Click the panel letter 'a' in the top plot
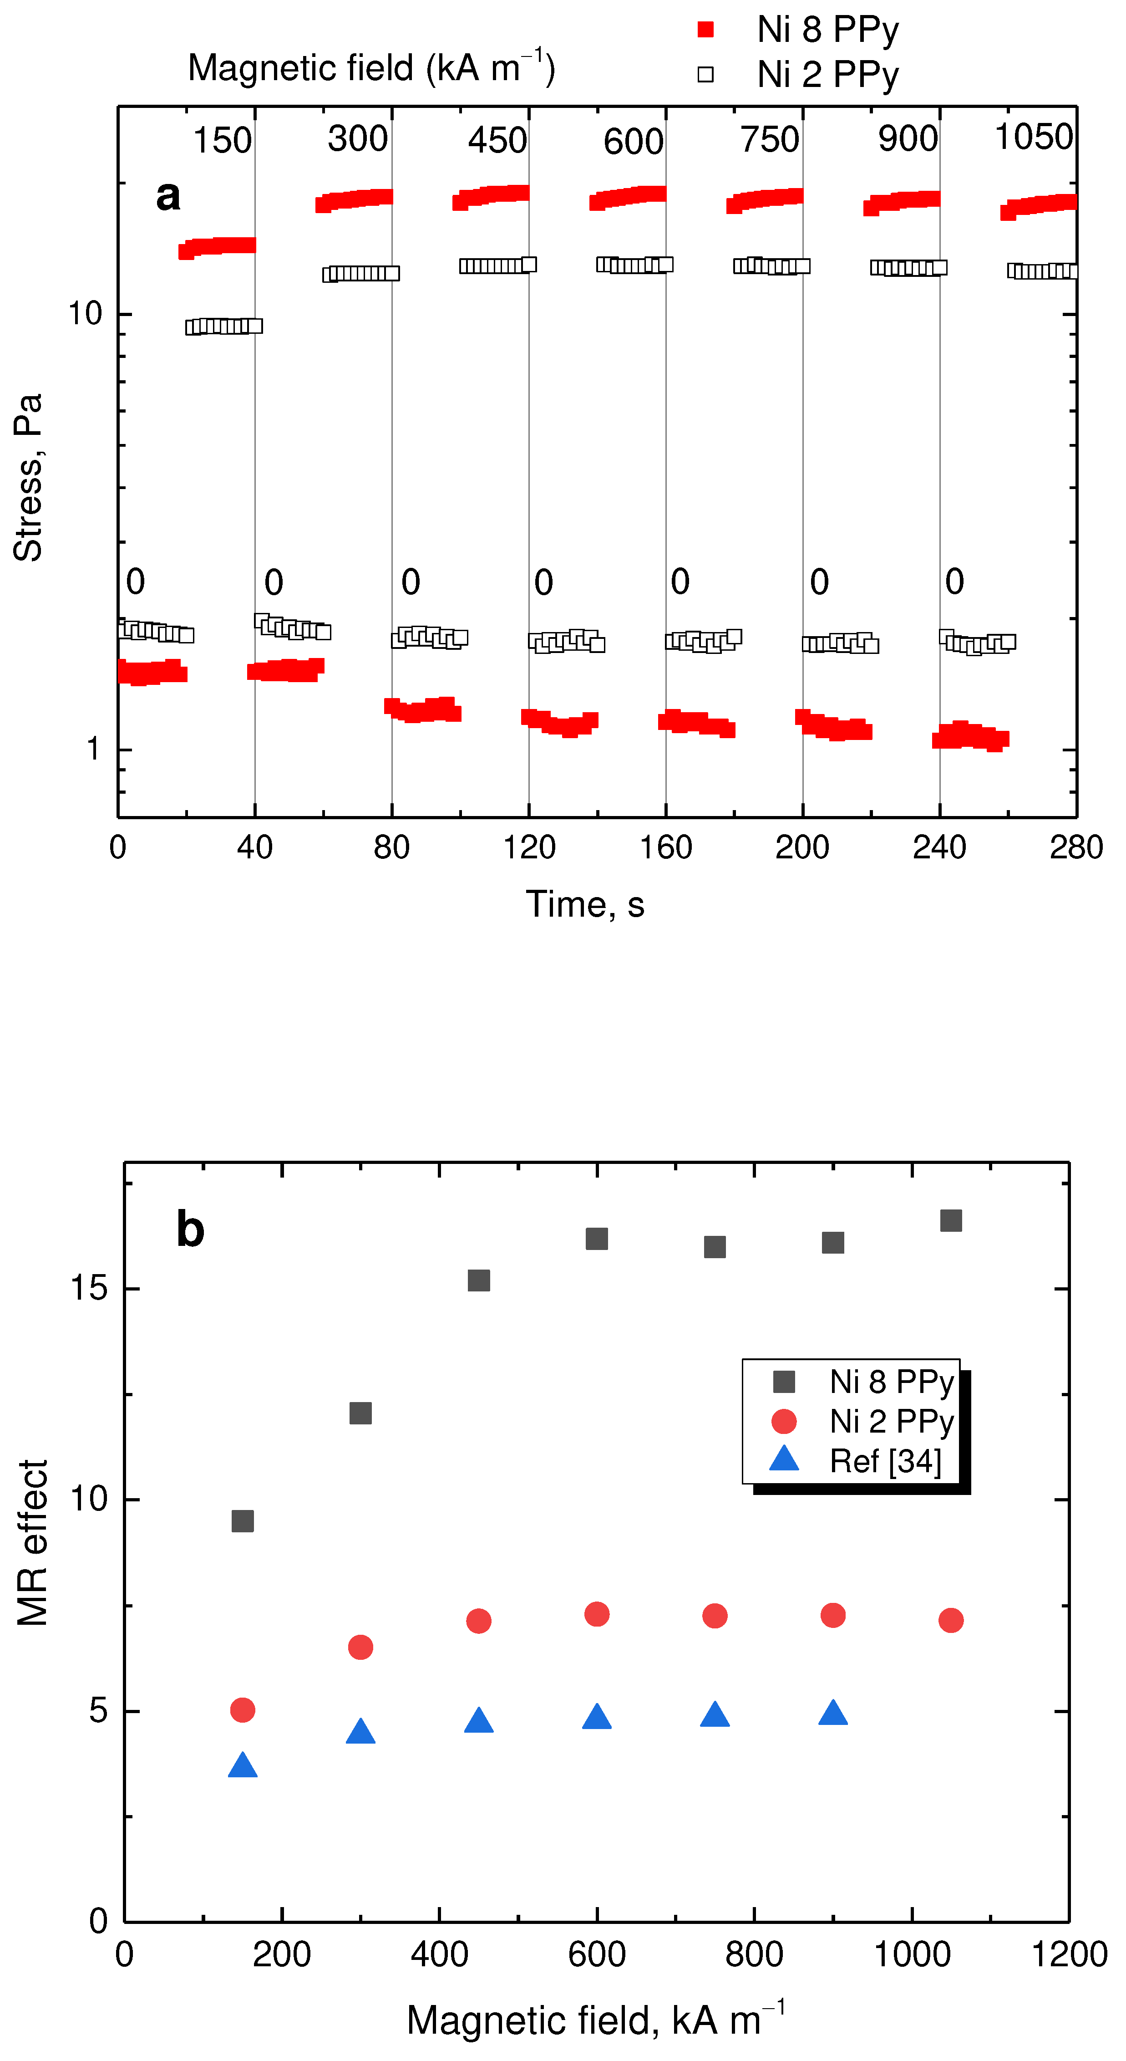click(x=168, y=196)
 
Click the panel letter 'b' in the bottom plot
click(x=190, y=1229)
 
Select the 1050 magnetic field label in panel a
click(x=1033, y=138)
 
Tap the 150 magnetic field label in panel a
click(x=222, y=141)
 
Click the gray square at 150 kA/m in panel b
click(x=242, y=1521)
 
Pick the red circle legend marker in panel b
click(x=784, y=1421)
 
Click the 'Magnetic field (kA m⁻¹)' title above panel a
click(x=371, y=67)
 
